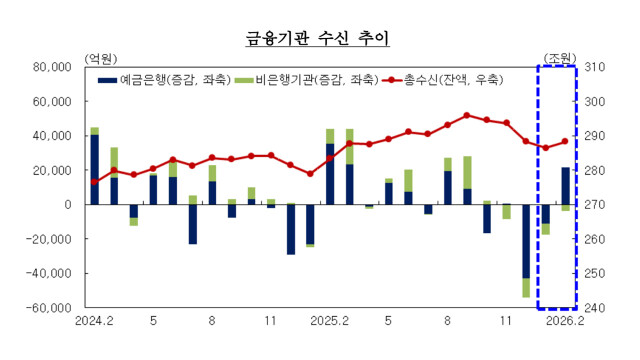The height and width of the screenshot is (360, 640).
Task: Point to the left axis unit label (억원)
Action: [x=103, y=57]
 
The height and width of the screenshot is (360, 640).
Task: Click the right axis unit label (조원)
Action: [x=559, y=57]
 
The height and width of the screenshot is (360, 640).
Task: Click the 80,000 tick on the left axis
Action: [x=51, y=67]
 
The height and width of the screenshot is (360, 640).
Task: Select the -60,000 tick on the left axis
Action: [x=48, y=307]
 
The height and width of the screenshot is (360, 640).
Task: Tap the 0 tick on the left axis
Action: [x=67, y=204]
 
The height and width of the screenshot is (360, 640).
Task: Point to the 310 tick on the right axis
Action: [x=599, y=67]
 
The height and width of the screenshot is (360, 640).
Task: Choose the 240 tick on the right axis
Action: [x=599, y=307]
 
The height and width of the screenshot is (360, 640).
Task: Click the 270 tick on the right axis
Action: [x=599, y=204]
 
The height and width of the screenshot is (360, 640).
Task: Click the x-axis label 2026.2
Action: [x=565, y=322]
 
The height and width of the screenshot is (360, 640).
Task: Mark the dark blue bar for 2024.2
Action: [x=95, y=169]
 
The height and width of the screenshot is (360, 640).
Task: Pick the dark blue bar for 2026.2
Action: [x=565, y=186]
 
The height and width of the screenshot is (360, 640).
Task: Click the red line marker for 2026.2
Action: [x=565, y=141]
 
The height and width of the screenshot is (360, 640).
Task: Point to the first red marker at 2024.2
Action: [x=95, y=181]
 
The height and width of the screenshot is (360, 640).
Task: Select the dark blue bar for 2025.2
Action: [x=330, y=174]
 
